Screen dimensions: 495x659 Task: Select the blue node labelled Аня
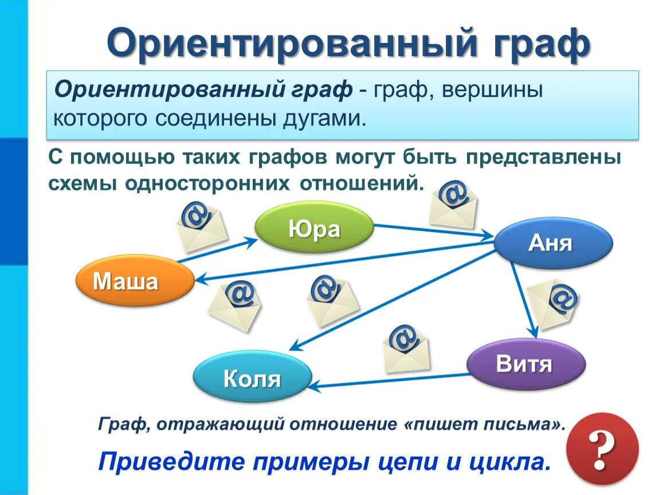552,243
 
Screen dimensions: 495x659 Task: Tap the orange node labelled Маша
134,281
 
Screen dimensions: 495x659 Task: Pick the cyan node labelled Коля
252,377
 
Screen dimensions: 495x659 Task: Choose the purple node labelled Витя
525,363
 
